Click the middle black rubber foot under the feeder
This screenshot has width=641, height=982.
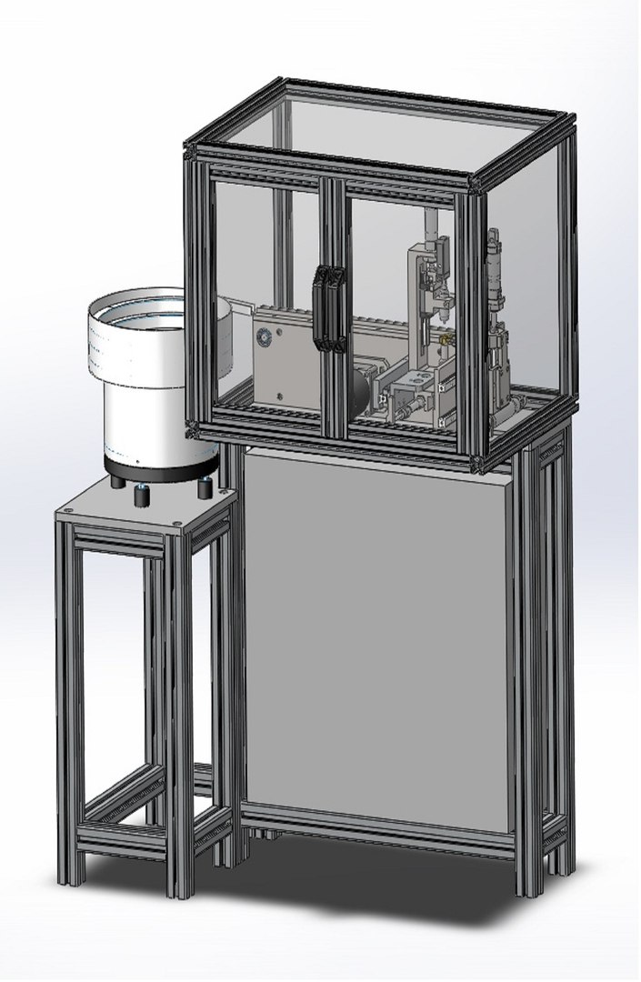tap(142, 496)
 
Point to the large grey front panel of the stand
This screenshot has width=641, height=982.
tap(377, 636)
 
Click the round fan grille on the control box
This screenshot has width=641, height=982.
tap(263, 337)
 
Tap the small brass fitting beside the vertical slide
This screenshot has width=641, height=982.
tap(446, 337)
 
